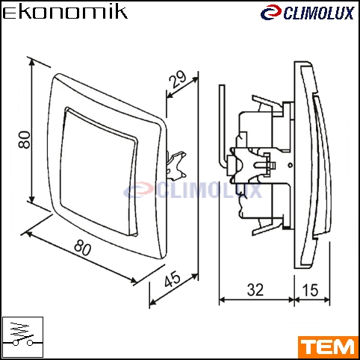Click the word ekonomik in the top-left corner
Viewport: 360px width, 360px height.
pyautogui.click(x=65, y=13)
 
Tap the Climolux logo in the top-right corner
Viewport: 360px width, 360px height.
pyautogui.click(x=307, y=13)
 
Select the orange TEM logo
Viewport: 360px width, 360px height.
pyautogui.click(x=328, y=347)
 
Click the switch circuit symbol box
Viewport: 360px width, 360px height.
pyautogui.click(x=22, y=337)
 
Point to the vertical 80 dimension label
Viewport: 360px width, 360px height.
pyautogui.click(x=25, y=140)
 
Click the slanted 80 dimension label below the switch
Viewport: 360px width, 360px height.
pyautogui.click(x=83, y=247)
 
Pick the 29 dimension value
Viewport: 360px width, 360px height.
pyautogui.click(x=178, y=79)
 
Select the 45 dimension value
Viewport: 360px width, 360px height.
pyautogui.click(x=173, y=279)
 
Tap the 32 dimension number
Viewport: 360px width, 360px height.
pyautogui.click(x=255, y=290)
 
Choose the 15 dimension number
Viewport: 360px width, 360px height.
pyautogui.click(x=310, y=290)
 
